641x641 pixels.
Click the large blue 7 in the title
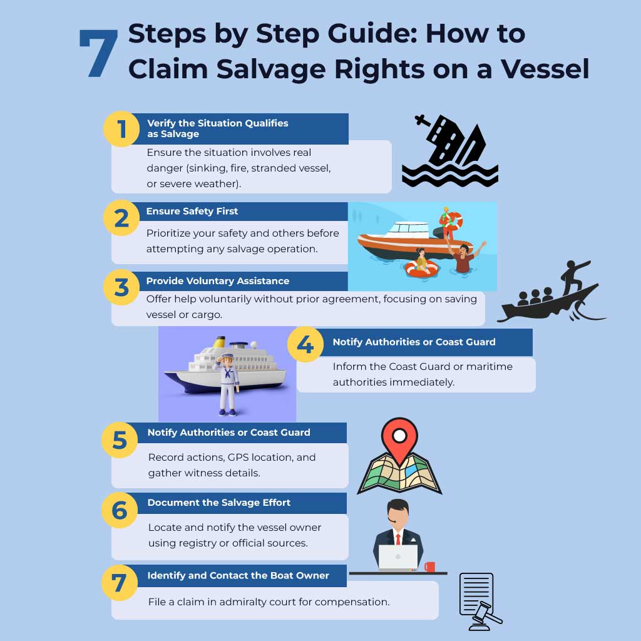point(99,54)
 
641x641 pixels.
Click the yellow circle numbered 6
point(120,510)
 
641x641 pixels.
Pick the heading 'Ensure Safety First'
point(192,212)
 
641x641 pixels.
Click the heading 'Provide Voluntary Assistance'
point(218,281)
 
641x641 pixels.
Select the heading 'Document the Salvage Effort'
point(219,503)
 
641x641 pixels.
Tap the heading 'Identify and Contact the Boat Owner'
point(238,576)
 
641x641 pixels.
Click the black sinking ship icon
point(450,152)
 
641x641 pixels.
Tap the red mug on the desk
point(429,567)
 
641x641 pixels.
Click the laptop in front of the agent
point(398,558)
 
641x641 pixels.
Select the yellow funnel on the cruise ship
point(220,342)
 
